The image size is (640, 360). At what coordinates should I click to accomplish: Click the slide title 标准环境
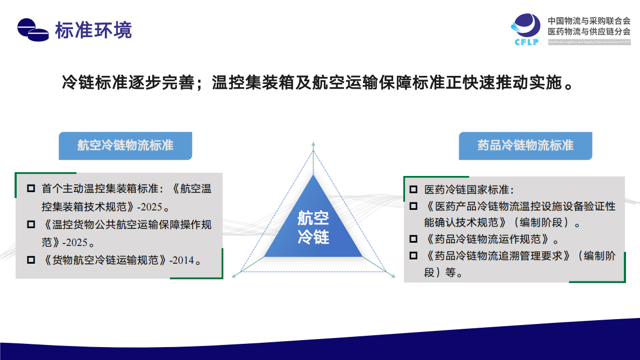pyautogui.click(x=93, y=30)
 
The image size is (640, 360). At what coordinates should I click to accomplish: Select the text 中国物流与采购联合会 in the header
pyautogui.click(x=589, y=21)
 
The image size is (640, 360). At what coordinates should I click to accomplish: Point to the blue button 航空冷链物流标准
pyautogui.click(x=125, y=146)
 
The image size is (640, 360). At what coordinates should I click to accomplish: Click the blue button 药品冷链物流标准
pyautogui.click(x=525, y=146)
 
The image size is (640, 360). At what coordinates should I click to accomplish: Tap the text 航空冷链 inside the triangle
pyautogui.click(x=313, y=227)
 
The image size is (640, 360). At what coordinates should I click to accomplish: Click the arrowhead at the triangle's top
pyautogui.click(x=313, y=145)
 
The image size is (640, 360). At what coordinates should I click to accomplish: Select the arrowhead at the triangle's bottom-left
pyautogui.click(x=234, y=276)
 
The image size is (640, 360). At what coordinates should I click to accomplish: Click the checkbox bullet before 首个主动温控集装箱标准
pyautogui.click(x=31, y=189)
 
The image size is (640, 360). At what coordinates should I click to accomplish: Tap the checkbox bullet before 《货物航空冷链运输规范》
pyautogui.click(x=31, y=260)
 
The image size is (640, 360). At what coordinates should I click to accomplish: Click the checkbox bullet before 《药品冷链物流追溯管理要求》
pyautogui.click(x=413, y=256)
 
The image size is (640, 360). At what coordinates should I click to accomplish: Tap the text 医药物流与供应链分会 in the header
pyautogui.click(x=589, y=32)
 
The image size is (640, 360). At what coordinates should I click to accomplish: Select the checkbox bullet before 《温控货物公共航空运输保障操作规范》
pyautogui.click(x=31, y=224)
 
